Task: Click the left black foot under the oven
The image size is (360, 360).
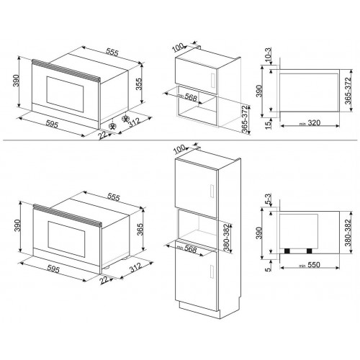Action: tap(289, 251)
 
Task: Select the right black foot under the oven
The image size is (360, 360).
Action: tap(310, 251)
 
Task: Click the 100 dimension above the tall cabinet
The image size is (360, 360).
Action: tap(179, 148)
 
